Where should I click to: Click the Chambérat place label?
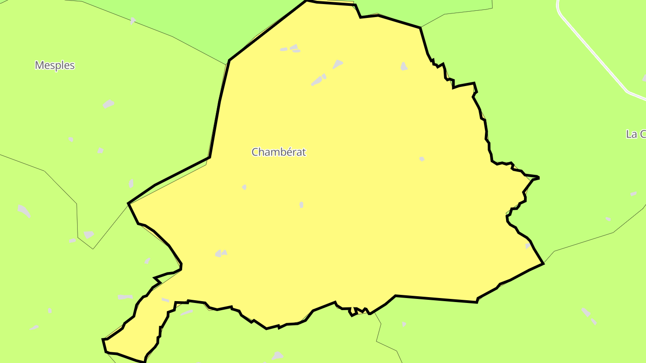pyautogui.click(x=279, y=152)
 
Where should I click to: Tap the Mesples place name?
pyautogui.click(x=55, y=65)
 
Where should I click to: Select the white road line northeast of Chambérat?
pyautogui.click(x=592, y=49)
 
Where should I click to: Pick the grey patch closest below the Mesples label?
pyautogui.click(x=109, y=104)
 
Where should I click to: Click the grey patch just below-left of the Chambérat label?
pyautogui.click(x=244, y=187)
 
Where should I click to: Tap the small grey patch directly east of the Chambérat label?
pyautogui.click(x=422, y=159)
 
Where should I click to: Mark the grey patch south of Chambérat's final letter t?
pyautogui.click(x=301, y=205)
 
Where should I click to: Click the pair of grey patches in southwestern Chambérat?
pyautogui.click(x=221, y=253)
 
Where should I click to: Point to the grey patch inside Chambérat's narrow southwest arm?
pyautogui.click(x=166, y=300)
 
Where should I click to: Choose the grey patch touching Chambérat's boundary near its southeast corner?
pyautogui.click(x=528, y=246)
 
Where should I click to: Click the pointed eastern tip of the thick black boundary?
pyautogui.click(x=538, y=178)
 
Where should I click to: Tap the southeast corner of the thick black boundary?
pyautogui.click(x=543, y=263)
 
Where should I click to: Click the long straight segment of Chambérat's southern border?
pyautogui.click(x=435, y=299)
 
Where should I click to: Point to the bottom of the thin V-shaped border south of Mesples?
pyautogui.click(x=93, y=249)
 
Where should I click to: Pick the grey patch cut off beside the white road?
pyautogui.click(x=644, y=78)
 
